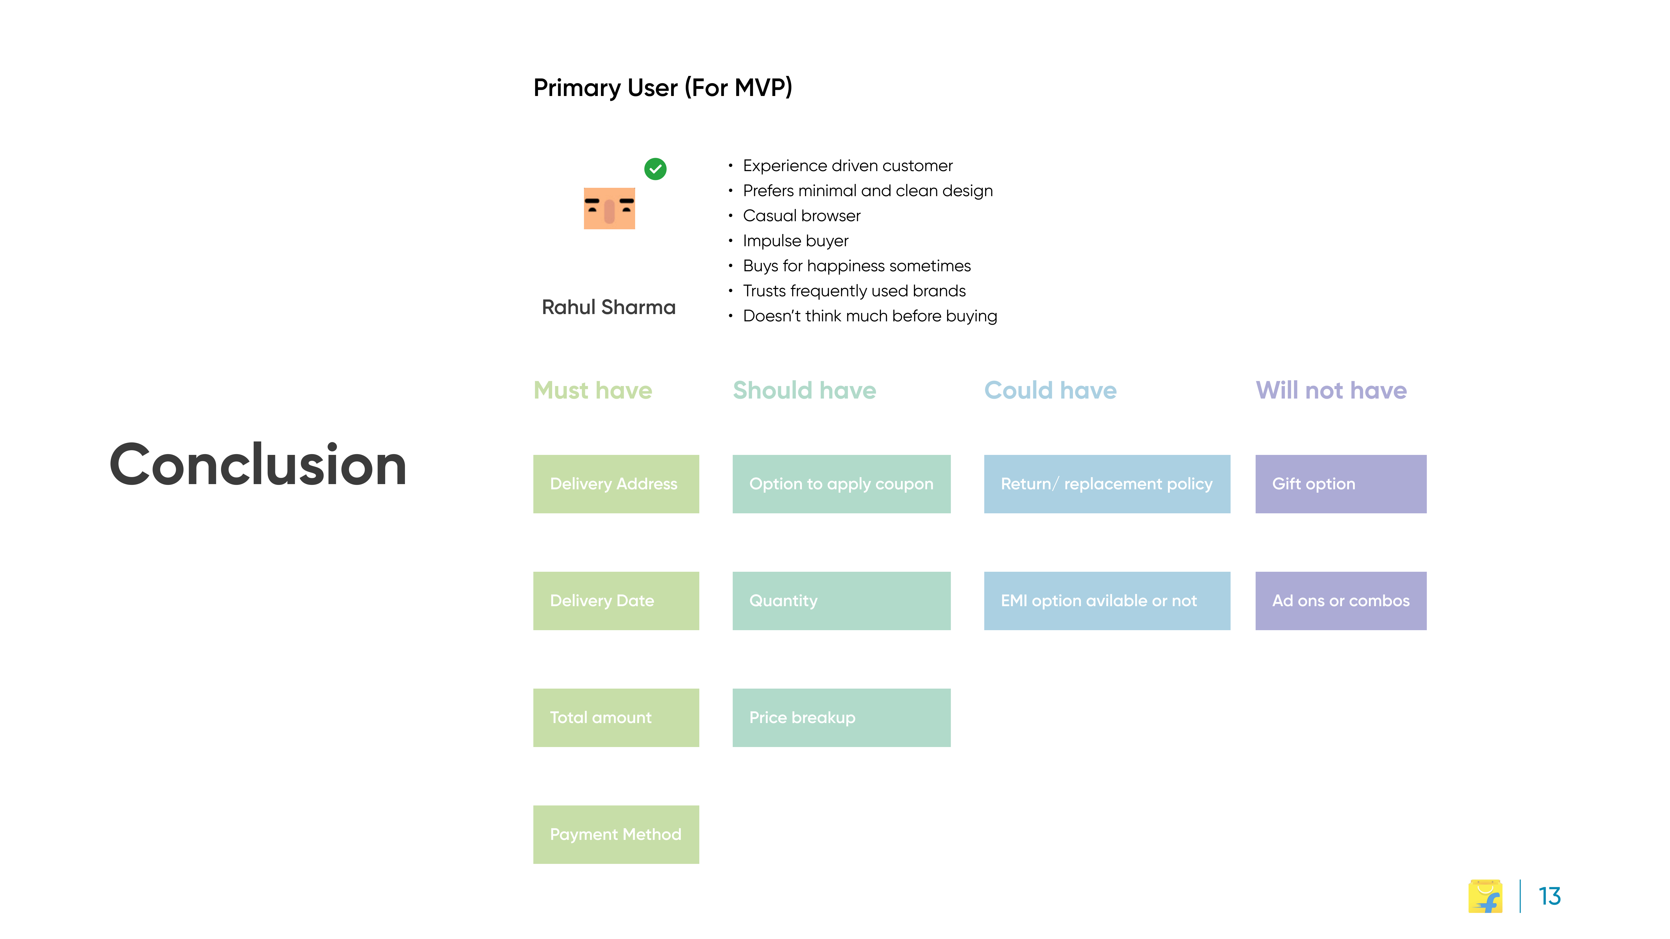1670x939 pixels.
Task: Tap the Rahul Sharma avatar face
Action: [x=609, y=208]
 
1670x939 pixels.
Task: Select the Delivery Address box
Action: [x=616, y=484]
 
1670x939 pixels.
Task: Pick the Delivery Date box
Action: [x=616, y=601]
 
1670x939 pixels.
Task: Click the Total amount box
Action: [x=616, y=717]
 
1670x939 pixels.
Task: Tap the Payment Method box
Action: [x=616, y=835]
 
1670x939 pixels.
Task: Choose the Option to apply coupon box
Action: [x=842, y=484]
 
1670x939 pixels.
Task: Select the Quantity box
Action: [x=842, y=601]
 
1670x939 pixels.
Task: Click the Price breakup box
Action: [x=842, y=717]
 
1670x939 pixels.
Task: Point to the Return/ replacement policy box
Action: [x=1107, y=484]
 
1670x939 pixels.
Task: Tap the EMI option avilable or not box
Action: [x=1107, y=601]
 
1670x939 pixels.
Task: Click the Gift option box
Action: [x=1341, y=484]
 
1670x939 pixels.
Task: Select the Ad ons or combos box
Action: [x=1341, y=601]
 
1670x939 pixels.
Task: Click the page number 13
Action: [x=1549, y=896]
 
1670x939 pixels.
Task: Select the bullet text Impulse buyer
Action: [x=795, y=241]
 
